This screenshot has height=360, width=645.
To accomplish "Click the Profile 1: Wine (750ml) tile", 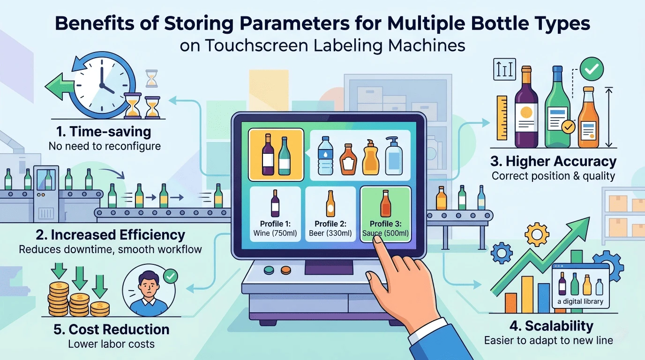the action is [x=275, y=214].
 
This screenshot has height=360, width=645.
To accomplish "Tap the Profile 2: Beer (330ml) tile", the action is [x=330, y=214].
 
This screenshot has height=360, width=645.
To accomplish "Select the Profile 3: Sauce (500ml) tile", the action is [x=386, y=214].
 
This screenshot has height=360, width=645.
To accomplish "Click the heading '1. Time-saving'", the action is [x=104, y=132].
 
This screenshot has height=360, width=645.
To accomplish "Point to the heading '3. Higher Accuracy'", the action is [x=553, y=161].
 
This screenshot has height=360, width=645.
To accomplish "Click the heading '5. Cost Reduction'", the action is [x=112, y=330].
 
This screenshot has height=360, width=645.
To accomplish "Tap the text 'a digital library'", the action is [x=580, y=301].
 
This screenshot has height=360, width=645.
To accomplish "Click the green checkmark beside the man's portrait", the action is [x=171, y=276].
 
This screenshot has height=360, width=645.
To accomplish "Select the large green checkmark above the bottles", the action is [x=592, y=69].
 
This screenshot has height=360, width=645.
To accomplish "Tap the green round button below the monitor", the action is [x=269, y=270].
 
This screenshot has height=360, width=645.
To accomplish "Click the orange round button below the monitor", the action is [x=286, y=270].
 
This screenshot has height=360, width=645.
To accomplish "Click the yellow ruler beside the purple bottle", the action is [x=502, y=118].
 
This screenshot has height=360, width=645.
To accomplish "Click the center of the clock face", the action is [x=102, y=85].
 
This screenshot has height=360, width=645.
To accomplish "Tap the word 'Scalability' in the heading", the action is [x=559, y=326].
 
